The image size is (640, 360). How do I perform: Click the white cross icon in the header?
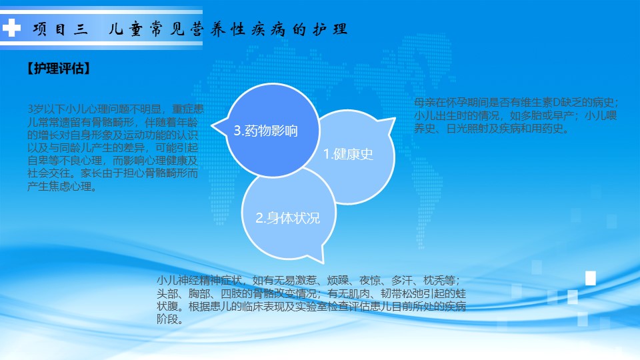coord(11,28)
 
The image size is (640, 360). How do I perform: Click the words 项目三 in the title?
coord(61,29)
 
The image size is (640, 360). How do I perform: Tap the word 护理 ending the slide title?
coord(330,29)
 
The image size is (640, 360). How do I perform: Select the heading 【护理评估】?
coord(59,68)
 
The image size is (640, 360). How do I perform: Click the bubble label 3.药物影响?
coord(266,131)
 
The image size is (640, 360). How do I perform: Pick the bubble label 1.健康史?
coord(348,154)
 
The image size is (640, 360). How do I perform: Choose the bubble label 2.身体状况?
coord(288,218)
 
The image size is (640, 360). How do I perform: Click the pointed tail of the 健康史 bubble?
coord(394,119)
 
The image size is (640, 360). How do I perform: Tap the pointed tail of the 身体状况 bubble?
coord(322,261)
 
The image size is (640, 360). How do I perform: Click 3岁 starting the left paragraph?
coord(35,109)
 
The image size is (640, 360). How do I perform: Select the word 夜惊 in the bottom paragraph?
coord(370,281)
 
